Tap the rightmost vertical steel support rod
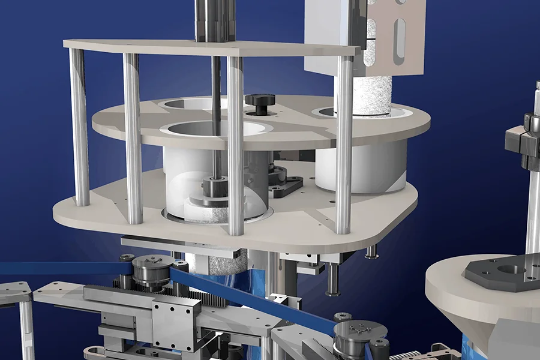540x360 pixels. [344, 144]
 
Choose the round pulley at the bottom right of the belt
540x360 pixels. [359, 335]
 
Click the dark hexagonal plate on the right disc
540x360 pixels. [504, 273]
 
